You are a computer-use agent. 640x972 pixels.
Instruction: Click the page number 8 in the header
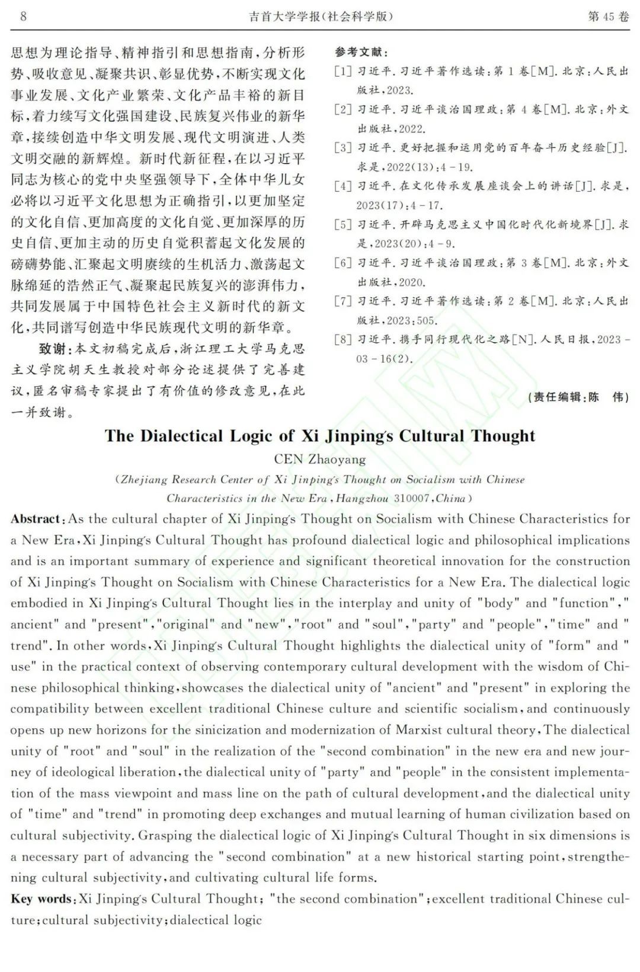pos(23,16)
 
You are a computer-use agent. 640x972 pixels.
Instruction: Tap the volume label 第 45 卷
pos(608,16)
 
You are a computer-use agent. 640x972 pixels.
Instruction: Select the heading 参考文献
pos(361,53)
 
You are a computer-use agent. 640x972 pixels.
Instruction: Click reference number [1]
pos(343,72)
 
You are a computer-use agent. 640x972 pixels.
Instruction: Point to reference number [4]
pos(343,186)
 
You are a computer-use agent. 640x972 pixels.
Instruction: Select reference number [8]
pos(343,340)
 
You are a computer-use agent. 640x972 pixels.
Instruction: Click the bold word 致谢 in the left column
pos(53,348)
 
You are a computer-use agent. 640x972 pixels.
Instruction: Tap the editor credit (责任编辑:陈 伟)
pos(578,397)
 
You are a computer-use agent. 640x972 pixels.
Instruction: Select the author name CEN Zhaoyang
pos(320,459)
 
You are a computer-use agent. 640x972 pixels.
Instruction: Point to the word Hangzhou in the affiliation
pos(362,498)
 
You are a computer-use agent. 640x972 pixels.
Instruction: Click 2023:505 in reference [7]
pos(411,321)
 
